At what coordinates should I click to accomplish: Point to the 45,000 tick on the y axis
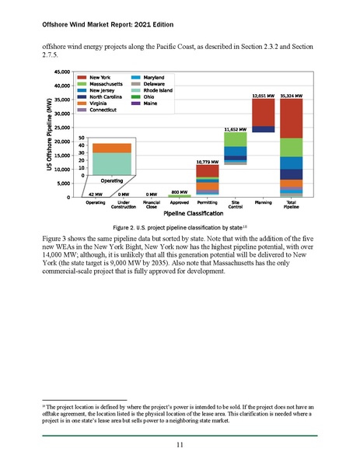[62, 72]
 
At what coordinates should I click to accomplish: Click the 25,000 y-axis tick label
[62, 128]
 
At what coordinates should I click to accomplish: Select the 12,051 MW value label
[264, 96]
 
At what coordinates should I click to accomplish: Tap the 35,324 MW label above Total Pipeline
[291, 96]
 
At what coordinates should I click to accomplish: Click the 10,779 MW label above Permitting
[208, 161]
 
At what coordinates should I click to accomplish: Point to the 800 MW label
[180, 191]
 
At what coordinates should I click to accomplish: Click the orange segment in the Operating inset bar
[112, 148]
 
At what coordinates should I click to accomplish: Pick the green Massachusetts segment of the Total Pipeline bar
[291, 148]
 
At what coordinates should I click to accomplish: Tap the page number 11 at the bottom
[180, 444]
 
